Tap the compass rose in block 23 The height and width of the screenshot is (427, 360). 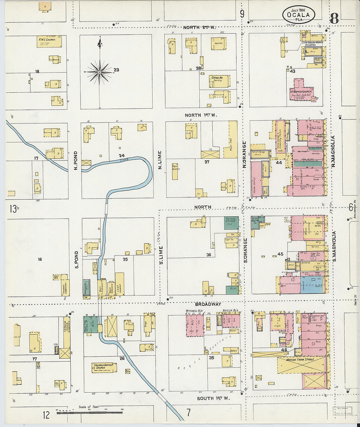100,71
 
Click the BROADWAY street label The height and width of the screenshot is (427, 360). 208,304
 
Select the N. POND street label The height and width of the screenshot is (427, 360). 76,160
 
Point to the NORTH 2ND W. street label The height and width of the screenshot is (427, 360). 199,27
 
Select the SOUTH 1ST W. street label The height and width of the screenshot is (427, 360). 213,398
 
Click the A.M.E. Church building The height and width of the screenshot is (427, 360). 49,42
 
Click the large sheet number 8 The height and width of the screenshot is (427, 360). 334,19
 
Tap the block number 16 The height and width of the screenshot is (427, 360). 40,259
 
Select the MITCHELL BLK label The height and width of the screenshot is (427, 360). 193,311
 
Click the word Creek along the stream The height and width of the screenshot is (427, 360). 123,159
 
